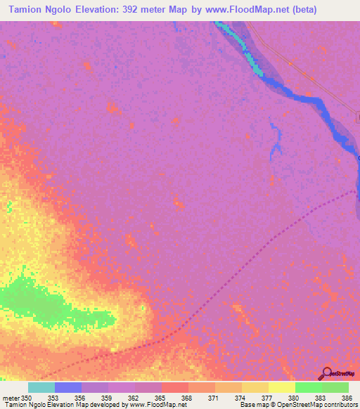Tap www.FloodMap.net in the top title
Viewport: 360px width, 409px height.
236,10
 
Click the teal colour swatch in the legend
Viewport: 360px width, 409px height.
41,388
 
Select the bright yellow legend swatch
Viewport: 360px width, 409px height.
281,388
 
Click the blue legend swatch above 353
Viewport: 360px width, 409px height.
67,388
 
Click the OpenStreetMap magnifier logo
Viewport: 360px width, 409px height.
326,373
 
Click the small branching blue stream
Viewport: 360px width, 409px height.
275,141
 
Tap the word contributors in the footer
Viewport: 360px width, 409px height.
339,405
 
